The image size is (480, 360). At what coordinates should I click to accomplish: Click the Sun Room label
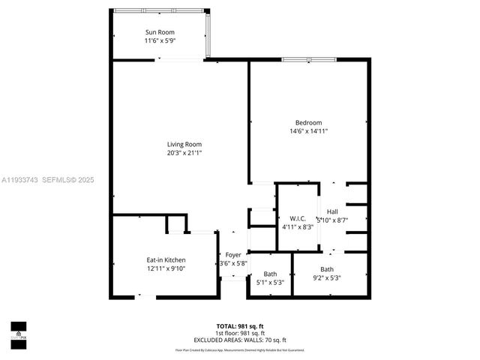159,32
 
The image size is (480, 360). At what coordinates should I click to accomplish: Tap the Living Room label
184,144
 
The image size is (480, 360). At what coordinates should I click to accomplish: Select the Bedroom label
308,123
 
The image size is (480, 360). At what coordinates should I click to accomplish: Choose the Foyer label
233,255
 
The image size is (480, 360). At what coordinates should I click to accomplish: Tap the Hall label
332,211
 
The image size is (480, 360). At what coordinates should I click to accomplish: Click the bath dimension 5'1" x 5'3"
270,282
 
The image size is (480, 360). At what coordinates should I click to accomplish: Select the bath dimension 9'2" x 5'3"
327,277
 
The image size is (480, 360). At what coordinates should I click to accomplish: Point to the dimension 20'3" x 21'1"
184,152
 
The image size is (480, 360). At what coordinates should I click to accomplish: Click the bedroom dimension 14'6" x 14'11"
308,131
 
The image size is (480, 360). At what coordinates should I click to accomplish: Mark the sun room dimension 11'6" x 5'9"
159,40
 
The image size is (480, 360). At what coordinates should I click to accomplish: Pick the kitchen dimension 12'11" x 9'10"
165,268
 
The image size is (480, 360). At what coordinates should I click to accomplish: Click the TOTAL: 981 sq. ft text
240,325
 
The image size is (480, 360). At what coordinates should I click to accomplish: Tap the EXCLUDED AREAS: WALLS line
240,339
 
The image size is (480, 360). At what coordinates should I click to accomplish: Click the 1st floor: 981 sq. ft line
240,332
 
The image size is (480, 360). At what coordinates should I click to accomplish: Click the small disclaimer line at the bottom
240,349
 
